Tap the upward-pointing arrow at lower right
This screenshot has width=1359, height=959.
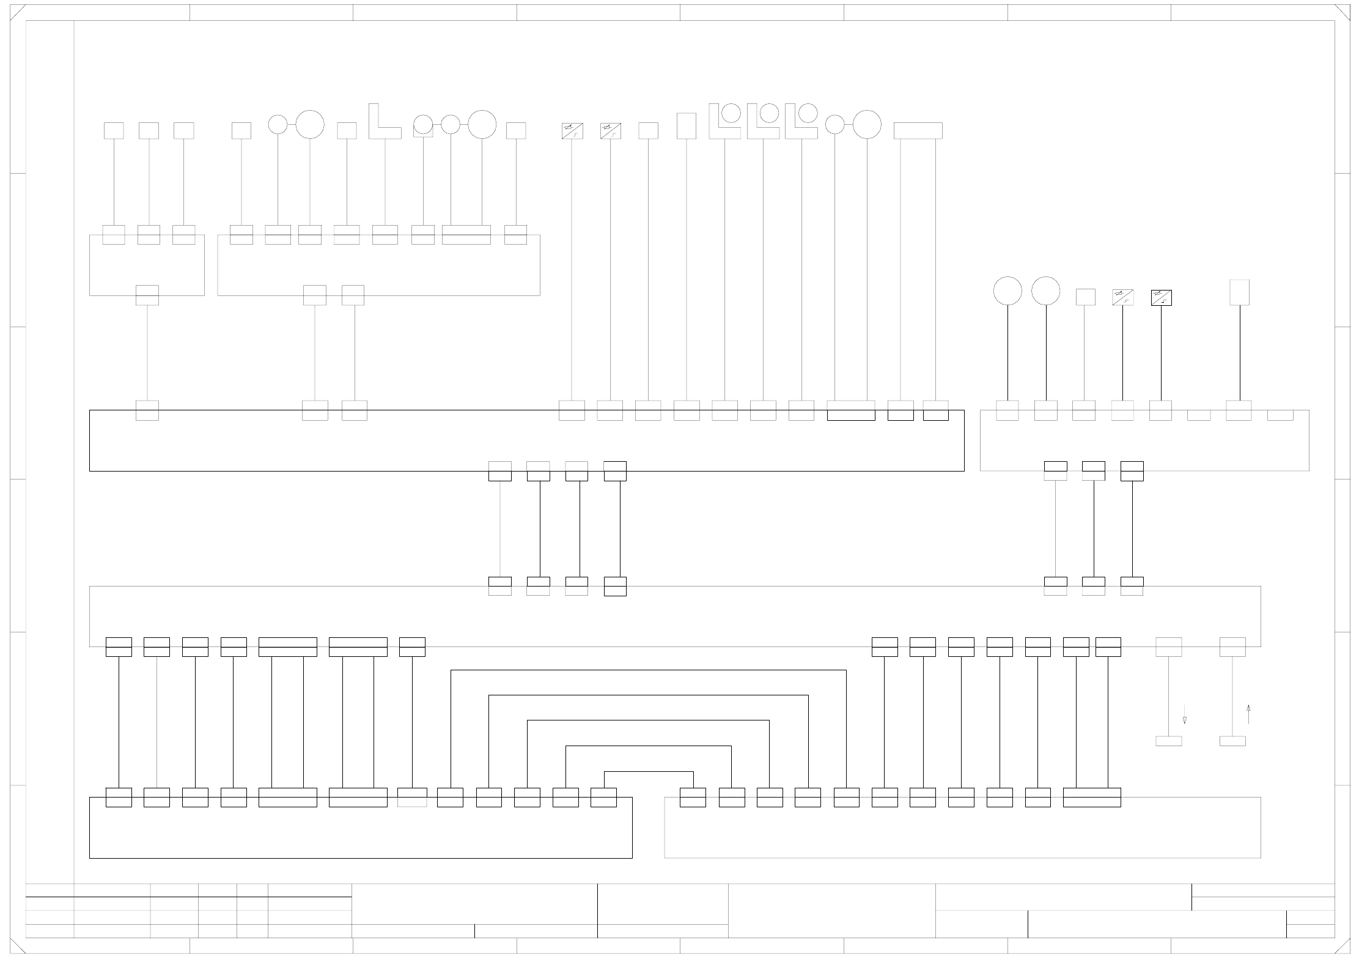(1248, 714)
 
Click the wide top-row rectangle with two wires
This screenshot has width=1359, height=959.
(918, 131)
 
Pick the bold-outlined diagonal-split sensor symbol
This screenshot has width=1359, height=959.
(1161, 298)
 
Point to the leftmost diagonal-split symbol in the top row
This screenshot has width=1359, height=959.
(572, 131)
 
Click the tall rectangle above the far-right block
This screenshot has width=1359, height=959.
(1239, 292)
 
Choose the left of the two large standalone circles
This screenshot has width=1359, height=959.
(1007, 291)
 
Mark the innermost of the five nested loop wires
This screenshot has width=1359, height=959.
(649, 772)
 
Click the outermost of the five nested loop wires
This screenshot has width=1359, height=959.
(648, 670)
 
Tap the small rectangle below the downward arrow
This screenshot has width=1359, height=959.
(1168, 741)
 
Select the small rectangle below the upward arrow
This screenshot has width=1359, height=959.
(1232, 741)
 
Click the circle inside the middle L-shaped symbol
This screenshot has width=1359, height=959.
(770, 113)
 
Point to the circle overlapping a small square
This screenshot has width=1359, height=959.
(423, 124)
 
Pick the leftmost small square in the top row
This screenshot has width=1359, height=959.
(114, 131)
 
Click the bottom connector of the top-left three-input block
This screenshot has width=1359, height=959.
(147, 295)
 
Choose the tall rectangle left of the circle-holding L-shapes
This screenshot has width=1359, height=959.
(687, 126)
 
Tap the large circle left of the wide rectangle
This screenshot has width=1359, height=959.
(867, 125)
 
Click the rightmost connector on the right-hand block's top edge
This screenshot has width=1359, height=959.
(1280, 415)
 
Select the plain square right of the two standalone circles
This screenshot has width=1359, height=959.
(1085, 297)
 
